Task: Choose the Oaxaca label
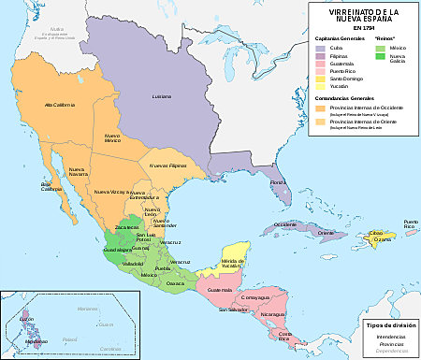coord(176,282)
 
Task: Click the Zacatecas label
coord(128,227)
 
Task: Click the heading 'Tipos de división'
coord(388,323)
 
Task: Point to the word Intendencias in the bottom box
coord(388,335)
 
